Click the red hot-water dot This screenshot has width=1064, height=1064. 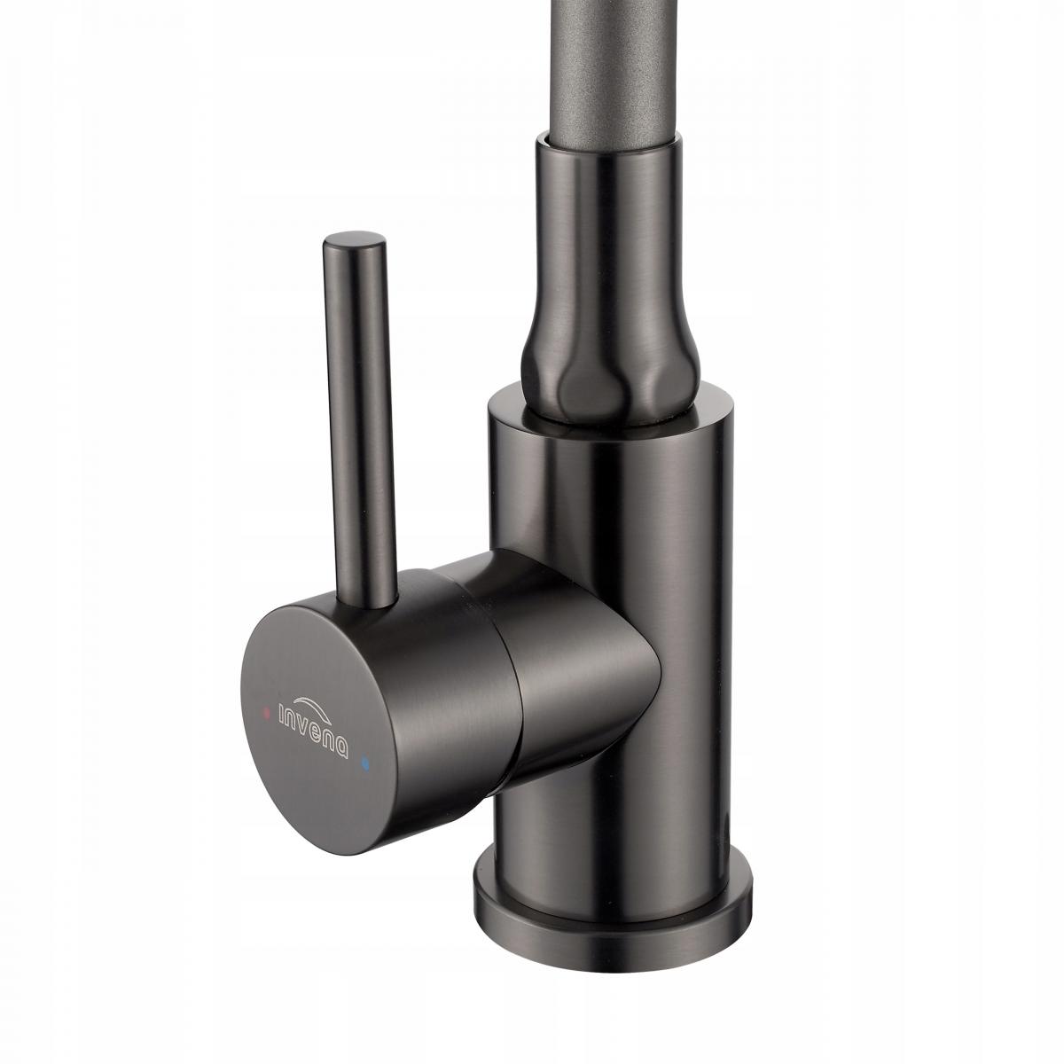267,712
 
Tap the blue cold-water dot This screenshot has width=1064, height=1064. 364,764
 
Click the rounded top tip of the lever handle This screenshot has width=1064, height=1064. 355,240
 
